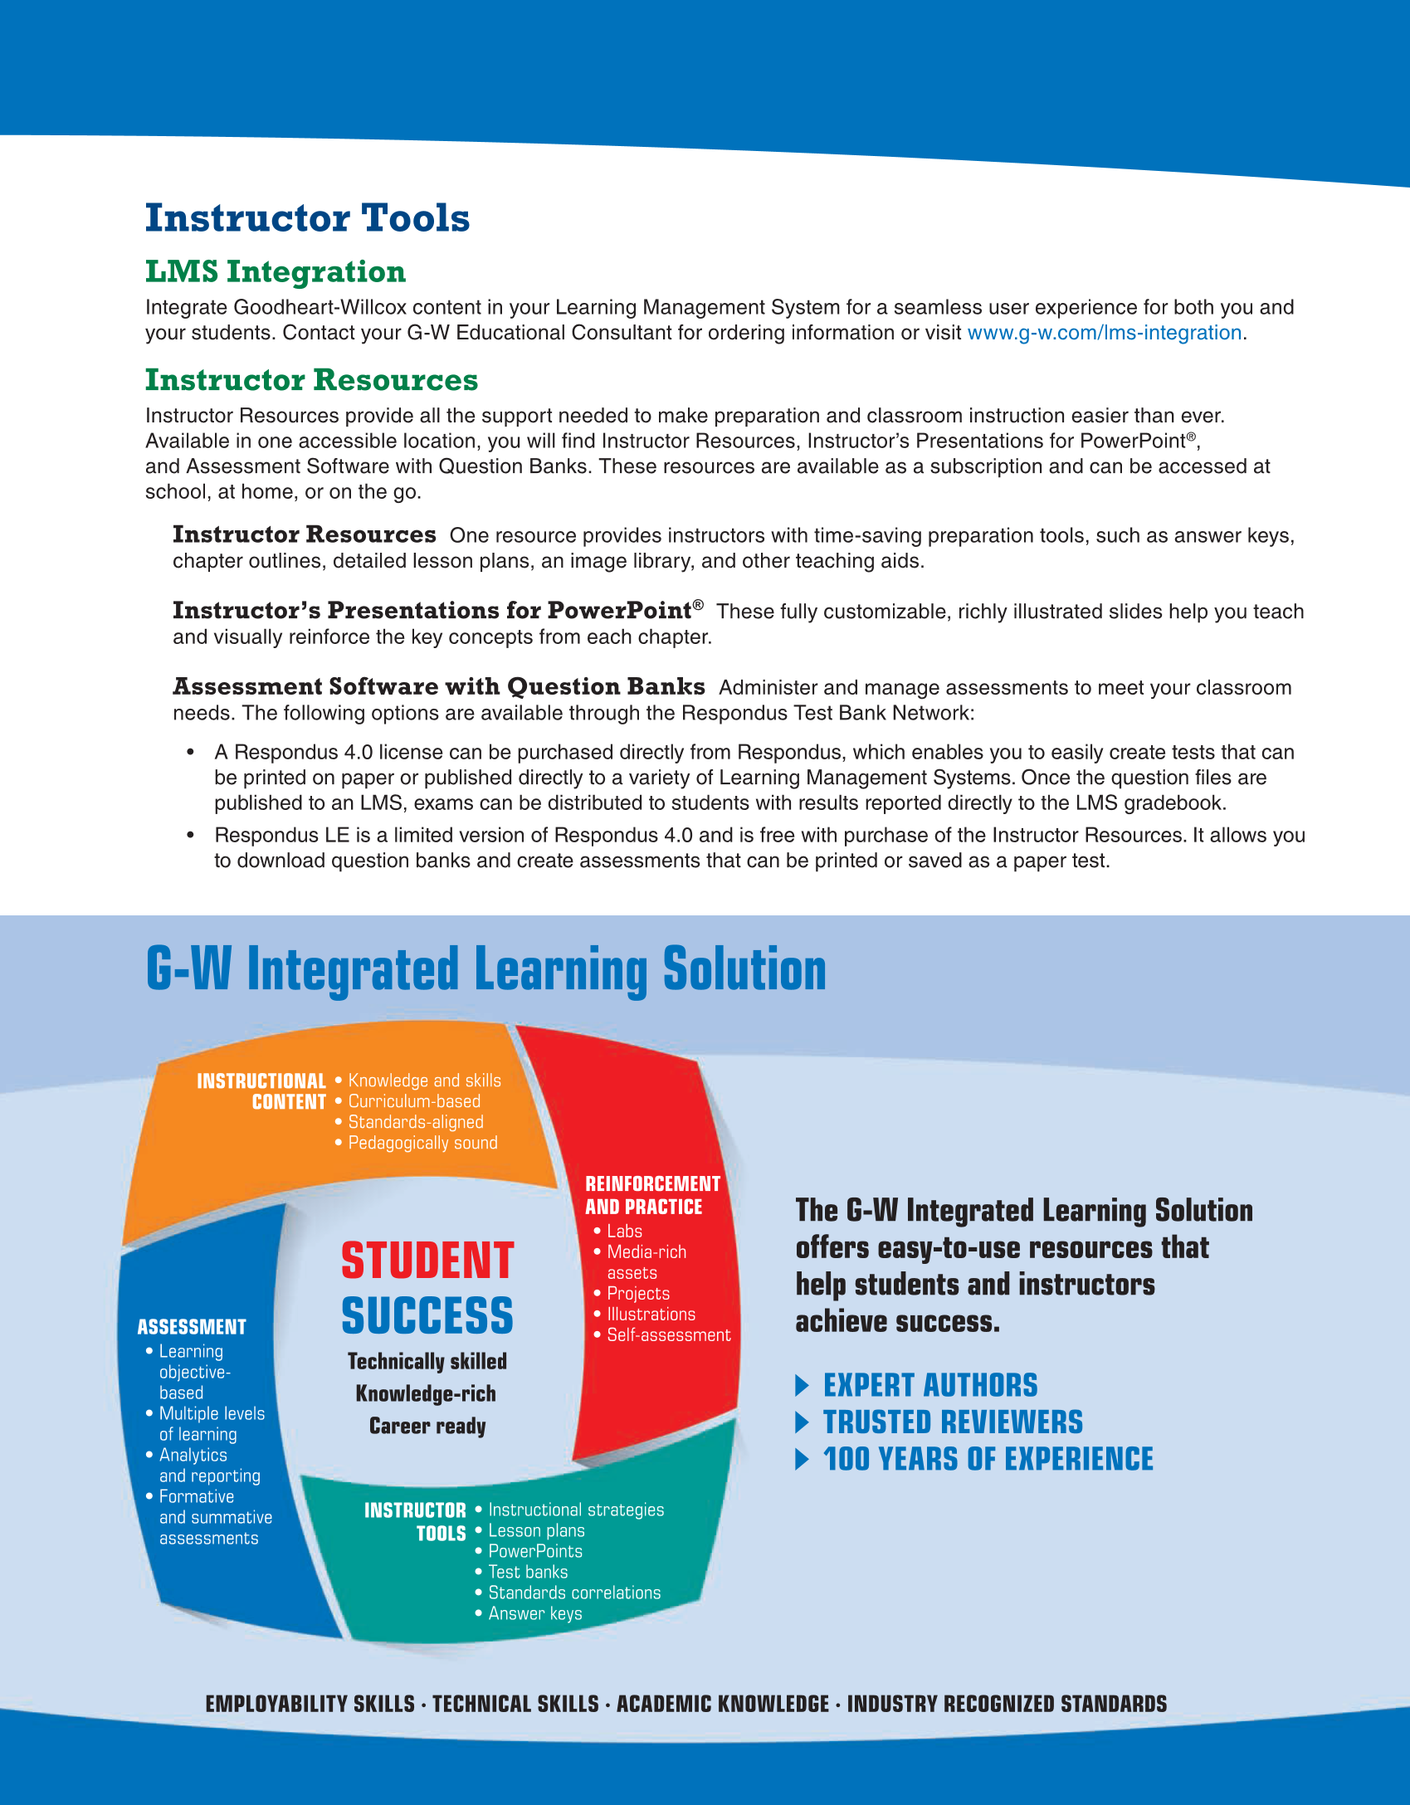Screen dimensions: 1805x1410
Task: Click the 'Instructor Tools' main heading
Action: (x=307, y=218)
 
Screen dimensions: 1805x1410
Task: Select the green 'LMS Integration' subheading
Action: (x=275, y=271)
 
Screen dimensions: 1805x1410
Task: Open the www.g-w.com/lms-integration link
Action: (x=1104, y=333)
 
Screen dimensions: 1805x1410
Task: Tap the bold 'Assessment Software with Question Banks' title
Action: (x=438, y=687)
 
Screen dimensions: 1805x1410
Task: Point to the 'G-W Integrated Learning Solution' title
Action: (x=485, y=969)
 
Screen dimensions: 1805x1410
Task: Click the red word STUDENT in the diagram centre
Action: (x=427, y=1261)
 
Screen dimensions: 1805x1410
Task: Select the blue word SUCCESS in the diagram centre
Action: (x=427, y=1316)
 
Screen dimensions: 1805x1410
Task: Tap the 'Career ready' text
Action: (x=427, y=1426)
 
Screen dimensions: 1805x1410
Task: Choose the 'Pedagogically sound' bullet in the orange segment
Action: (x=422, y=1143)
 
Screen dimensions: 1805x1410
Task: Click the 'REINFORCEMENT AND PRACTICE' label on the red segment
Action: (x=652, y=1195)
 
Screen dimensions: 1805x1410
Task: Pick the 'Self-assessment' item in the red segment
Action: (x=668, y=1334)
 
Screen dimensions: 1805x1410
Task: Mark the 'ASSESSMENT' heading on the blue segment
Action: (x=192, y=1327)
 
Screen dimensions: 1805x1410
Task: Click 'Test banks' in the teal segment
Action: (x=528, y=1572)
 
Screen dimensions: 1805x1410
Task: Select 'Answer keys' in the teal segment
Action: (x=535, y=1613)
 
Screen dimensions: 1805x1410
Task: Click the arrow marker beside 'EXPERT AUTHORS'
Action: (x=802, y=1385)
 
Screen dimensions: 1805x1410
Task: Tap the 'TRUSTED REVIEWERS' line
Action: (x=953, y=1422)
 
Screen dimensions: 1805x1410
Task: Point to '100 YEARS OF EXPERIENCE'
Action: (x=988, y=1459)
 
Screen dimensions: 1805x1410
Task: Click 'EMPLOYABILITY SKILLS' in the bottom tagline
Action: (x=310, y=1704)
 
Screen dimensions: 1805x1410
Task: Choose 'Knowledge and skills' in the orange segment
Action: (x=424, y=1081)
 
